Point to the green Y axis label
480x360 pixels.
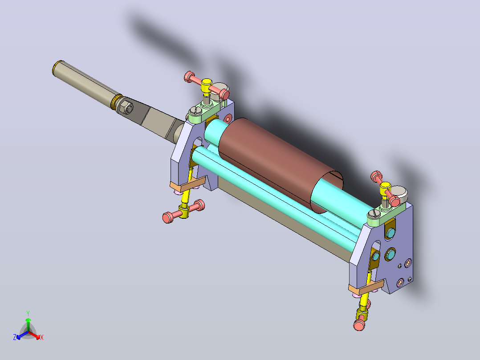(28, 314)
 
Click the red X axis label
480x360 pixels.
(42, 338)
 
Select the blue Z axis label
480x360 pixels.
(14, 337)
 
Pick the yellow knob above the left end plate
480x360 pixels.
(206, 86)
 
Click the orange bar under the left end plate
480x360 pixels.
(187, 184)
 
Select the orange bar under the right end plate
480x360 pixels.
(366, 288)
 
